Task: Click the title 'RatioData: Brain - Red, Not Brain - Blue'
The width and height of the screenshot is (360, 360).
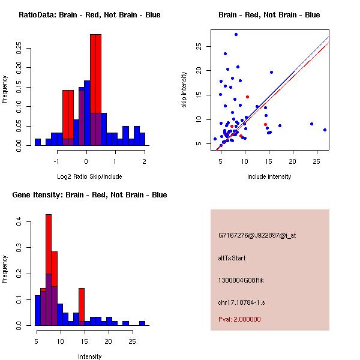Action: pyautogui.click(x=89, y=15)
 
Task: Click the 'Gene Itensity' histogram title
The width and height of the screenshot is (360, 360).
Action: pyautogui.click(x=89, y=195)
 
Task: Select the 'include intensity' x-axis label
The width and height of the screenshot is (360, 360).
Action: pyautogui.click(x=269, y=176)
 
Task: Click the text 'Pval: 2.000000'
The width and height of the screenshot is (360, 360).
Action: pyautogui.click(x=239, y=319)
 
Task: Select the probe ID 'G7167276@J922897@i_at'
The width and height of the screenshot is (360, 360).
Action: pyautogui.click(x=257, y=235)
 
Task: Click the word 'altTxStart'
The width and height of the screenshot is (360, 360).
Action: pyautogui.click(x=232, y=258)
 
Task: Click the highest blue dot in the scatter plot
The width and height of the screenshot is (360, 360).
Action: pyautogui.click(x=236, y=35)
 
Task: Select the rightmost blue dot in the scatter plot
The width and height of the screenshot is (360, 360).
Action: pyautogui.click(x=325, y=130)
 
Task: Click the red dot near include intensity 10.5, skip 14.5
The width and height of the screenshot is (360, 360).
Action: pyautogui.click(x=247, y=97)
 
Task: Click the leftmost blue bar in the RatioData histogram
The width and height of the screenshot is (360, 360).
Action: pyautogui.click(x=37, y=142)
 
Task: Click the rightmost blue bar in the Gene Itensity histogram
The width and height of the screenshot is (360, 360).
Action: pyautogui.click(x=142, y=323)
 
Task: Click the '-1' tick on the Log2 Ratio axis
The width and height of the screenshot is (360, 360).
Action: pyautogui.click(x=57, y=161)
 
